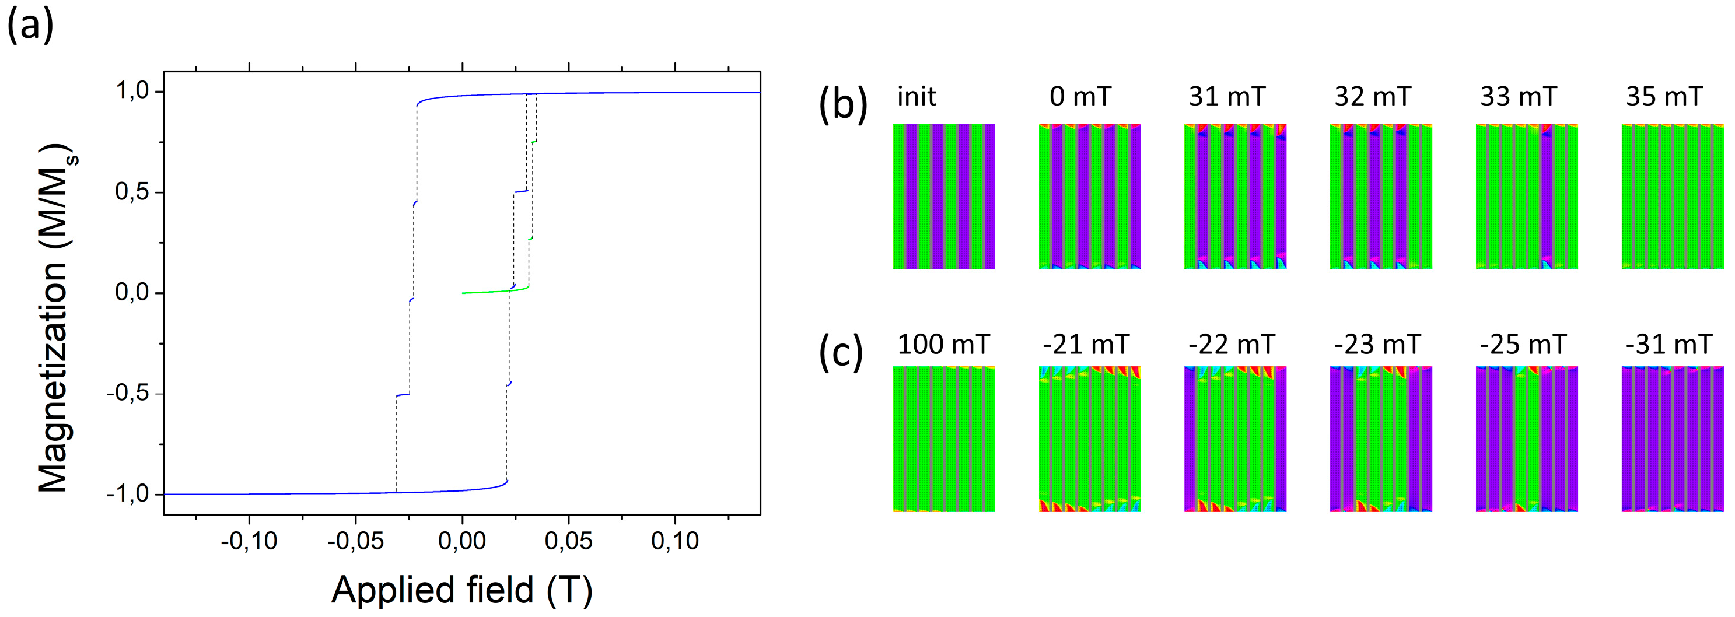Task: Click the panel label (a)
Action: pos(30,27)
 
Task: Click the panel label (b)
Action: pos(842,104)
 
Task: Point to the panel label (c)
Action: pos(841,352)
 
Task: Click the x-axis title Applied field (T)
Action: pos(462,590)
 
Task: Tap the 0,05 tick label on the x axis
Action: pos(568,541)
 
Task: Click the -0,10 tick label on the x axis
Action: pos(249,541)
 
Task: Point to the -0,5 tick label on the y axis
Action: pos(128,394)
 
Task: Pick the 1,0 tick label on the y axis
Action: pos(132,91)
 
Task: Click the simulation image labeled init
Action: pos(943,196)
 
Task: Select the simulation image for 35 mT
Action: pos(1673,196)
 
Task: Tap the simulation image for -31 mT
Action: pos(1673,439)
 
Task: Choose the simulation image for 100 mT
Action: pos(943,439)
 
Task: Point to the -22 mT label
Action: pos(1231,345)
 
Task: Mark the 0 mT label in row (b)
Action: pos(1080,97)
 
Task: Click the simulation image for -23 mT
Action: pos(1381,439)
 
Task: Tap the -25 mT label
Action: pos(1523,345)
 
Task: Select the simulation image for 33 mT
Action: pos(1526,196)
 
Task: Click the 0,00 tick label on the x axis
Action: pos(462,541)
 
